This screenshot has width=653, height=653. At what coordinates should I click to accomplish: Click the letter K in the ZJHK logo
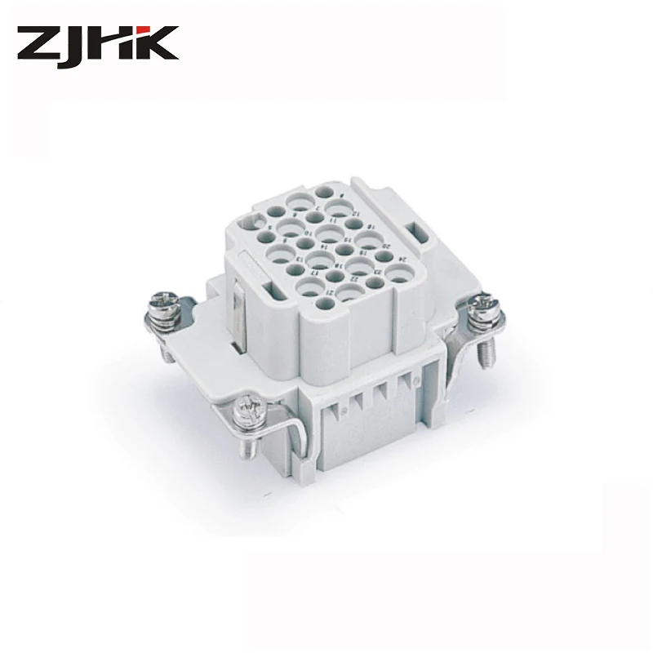[x=154, y=44]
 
